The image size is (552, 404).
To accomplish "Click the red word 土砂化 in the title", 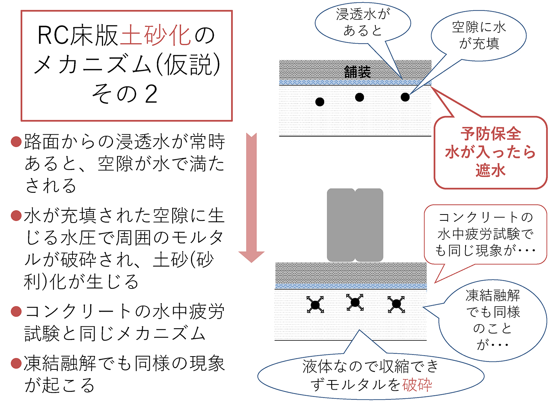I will [x=155, y=36].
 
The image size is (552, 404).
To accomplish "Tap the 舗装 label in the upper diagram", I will [x=357, y=72].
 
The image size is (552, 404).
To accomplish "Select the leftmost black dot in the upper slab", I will [x=320, y=102].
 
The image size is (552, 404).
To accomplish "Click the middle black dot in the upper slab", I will [x=360, y=97].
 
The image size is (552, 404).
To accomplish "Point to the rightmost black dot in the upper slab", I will [x=405, y=97].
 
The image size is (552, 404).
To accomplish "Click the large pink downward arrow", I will [x=251, y=199].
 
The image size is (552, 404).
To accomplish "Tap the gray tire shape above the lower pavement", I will [x=355, y=225].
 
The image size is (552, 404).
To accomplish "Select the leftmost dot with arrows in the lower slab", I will [x=315, y=305].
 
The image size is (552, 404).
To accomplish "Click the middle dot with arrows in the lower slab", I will [x=355, y=302].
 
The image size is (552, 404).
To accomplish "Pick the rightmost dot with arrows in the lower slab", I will [x=396, y=304].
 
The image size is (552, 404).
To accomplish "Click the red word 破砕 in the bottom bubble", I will [x=417, y=385].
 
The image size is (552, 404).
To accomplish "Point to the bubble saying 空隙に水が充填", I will [x=479, y=35].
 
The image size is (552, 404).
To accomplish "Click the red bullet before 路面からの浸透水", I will [x=16, y=142].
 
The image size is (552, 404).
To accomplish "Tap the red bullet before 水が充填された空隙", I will [x=16, y=215].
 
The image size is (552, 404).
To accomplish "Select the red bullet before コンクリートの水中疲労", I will [x=16, y=311].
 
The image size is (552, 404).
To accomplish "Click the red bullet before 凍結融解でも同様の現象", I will [x=16, y=363].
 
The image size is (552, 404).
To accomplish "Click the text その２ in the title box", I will [x=125, y=94].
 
